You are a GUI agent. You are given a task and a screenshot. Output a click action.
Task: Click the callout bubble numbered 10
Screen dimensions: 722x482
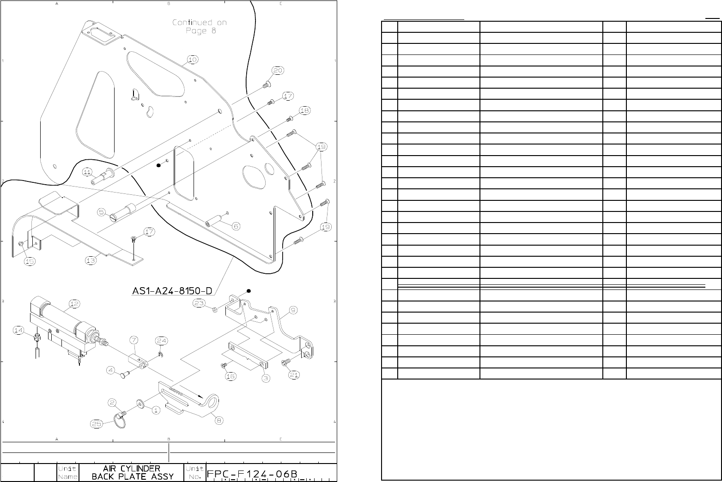click(x=193, y=60)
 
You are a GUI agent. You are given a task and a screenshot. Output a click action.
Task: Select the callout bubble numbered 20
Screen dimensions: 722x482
click(x=278, y=71)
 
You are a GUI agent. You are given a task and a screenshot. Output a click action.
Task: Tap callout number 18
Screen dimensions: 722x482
click(x=304, y=111)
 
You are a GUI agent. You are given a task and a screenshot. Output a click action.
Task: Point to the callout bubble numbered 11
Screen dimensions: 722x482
click(x=87, y=172)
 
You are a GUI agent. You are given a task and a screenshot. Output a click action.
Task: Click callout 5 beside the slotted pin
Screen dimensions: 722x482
click(x=102, y=212)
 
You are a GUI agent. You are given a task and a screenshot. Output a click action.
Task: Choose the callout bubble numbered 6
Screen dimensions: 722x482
click(x=236, y=226)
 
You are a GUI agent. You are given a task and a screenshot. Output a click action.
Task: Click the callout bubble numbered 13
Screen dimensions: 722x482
click(x=91, y=260)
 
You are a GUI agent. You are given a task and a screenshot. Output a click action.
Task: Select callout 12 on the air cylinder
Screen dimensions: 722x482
click(x=74, y=304)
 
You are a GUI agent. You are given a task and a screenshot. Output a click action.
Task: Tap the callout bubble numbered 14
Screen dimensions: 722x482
click(x=18, y=331)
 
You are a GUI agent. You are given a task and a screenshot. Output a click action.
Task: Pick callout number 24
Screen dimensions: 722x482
click(x=161, y=341)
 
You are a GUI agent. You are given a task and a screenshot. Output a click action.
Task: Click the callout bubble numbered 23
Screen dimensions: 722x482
click(x=199, y=303)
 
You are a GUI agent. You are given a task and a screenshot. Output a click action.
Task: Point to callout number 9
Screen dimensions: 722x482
click(x=293, y=310)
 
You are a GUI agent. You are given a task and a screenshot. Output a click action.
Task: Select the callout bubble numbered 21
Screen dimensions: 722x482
click(x=294, y=375)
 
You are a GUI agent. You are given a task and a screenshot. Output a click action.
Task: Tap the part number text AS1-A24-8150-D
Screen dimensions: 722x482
click(x=172, y=291)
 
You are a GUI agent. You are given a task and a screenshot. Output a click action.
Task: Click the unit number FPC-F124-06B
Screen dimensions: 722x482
click(x=252, y=474)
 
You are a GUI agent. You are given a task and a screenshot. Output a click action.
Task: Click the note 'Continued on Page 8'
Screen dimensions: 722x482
click(x=200, y=26)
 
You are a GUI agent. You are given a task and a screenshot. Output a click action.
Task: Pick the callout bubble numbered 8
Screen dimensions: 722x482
click(x=219, y=420)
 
